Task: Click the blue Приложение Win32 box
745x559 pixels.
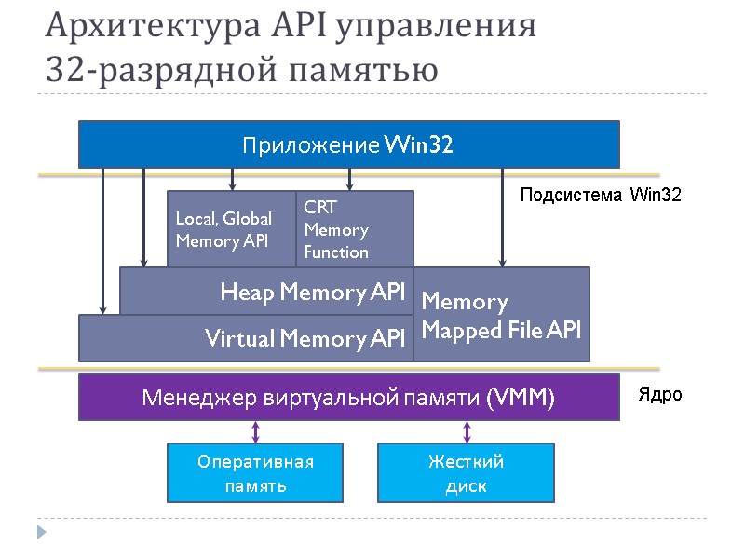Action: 348,144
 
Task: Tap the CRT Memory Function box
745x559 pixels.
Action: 354,229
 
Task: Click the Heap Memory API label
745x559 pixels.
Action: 312,293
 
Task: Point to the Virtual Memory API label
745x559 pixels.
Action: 305,338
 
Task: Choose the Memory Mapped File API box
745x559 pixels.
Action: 501,315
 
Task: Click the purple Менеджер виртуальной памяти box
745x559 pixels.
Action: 348,399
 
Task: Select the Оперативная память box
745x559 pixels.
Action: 255,473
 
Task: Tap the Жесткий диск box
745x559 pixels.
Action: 466,473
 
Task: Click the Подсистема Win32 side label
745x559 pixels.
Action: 600,195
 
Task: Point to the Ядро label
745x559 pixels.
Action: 659,394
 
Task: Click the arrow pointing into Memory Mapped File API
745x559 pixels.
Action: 502,219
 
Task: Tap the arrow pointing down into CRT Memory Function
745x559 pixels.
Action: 349,180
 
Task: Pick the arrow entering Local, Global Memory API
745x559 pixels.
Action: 232,180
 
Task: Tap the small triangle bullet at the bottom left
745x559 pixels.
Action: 41,532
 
